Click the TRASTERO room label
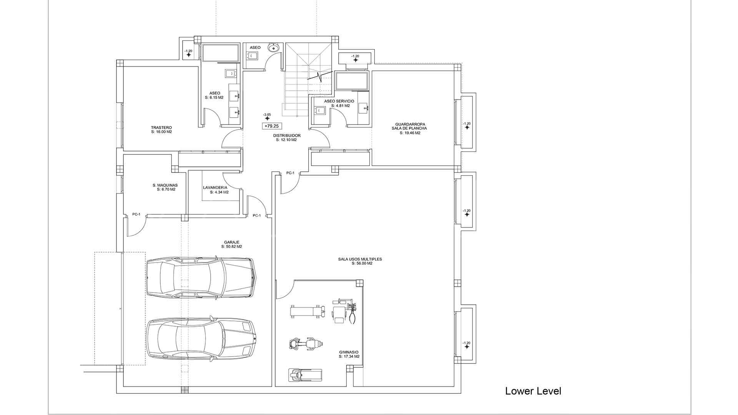(x=161, y=128)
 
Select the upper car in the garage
(x=200, y=277)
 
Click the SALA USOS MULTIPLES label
(x=360, y=259)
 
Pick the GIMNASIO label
(x=349, y=352)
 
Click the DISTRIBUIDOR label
(x=287, y=136)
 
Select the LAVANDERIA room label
(x=215, y=188)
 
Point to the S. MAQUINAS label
(x=165, y=185)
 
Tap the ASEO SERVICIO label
(x=339, y=101)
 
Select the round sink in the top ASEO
(x=274, y=48)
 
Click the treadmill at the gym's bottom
(x=305, y=375)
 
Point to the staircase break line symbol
(x=319, y=76)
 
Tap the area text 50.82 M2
(x=233, y=247)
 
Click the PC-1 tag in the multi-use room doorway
(x=290, y=173)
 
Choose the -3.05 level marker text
(x=267, y=115)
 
